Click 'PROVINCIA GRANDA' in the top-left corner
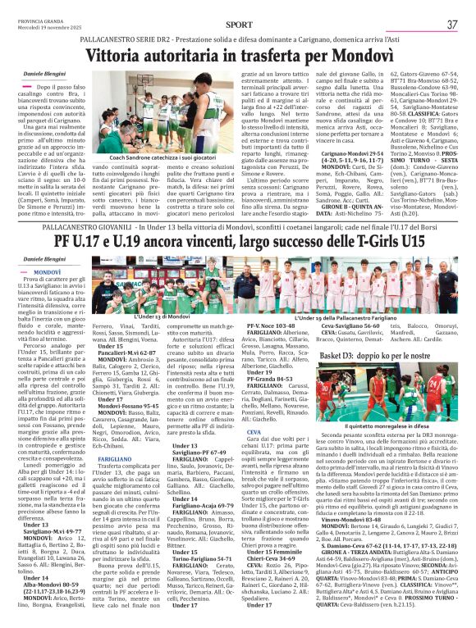(41, 18)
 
